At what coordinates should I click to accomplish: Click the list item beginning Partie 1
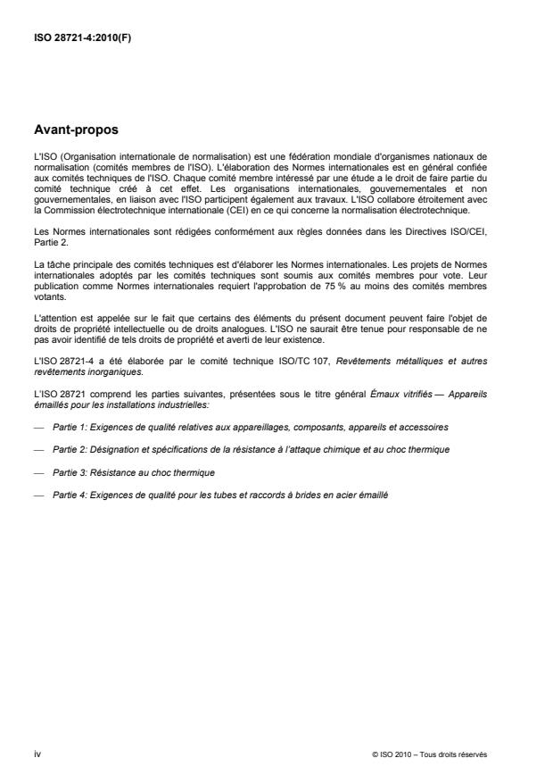pyautogui.click(x=251, y=429)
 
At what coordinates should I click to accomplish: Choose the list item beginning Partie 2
pyautogui.click(x=251, y=449)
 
